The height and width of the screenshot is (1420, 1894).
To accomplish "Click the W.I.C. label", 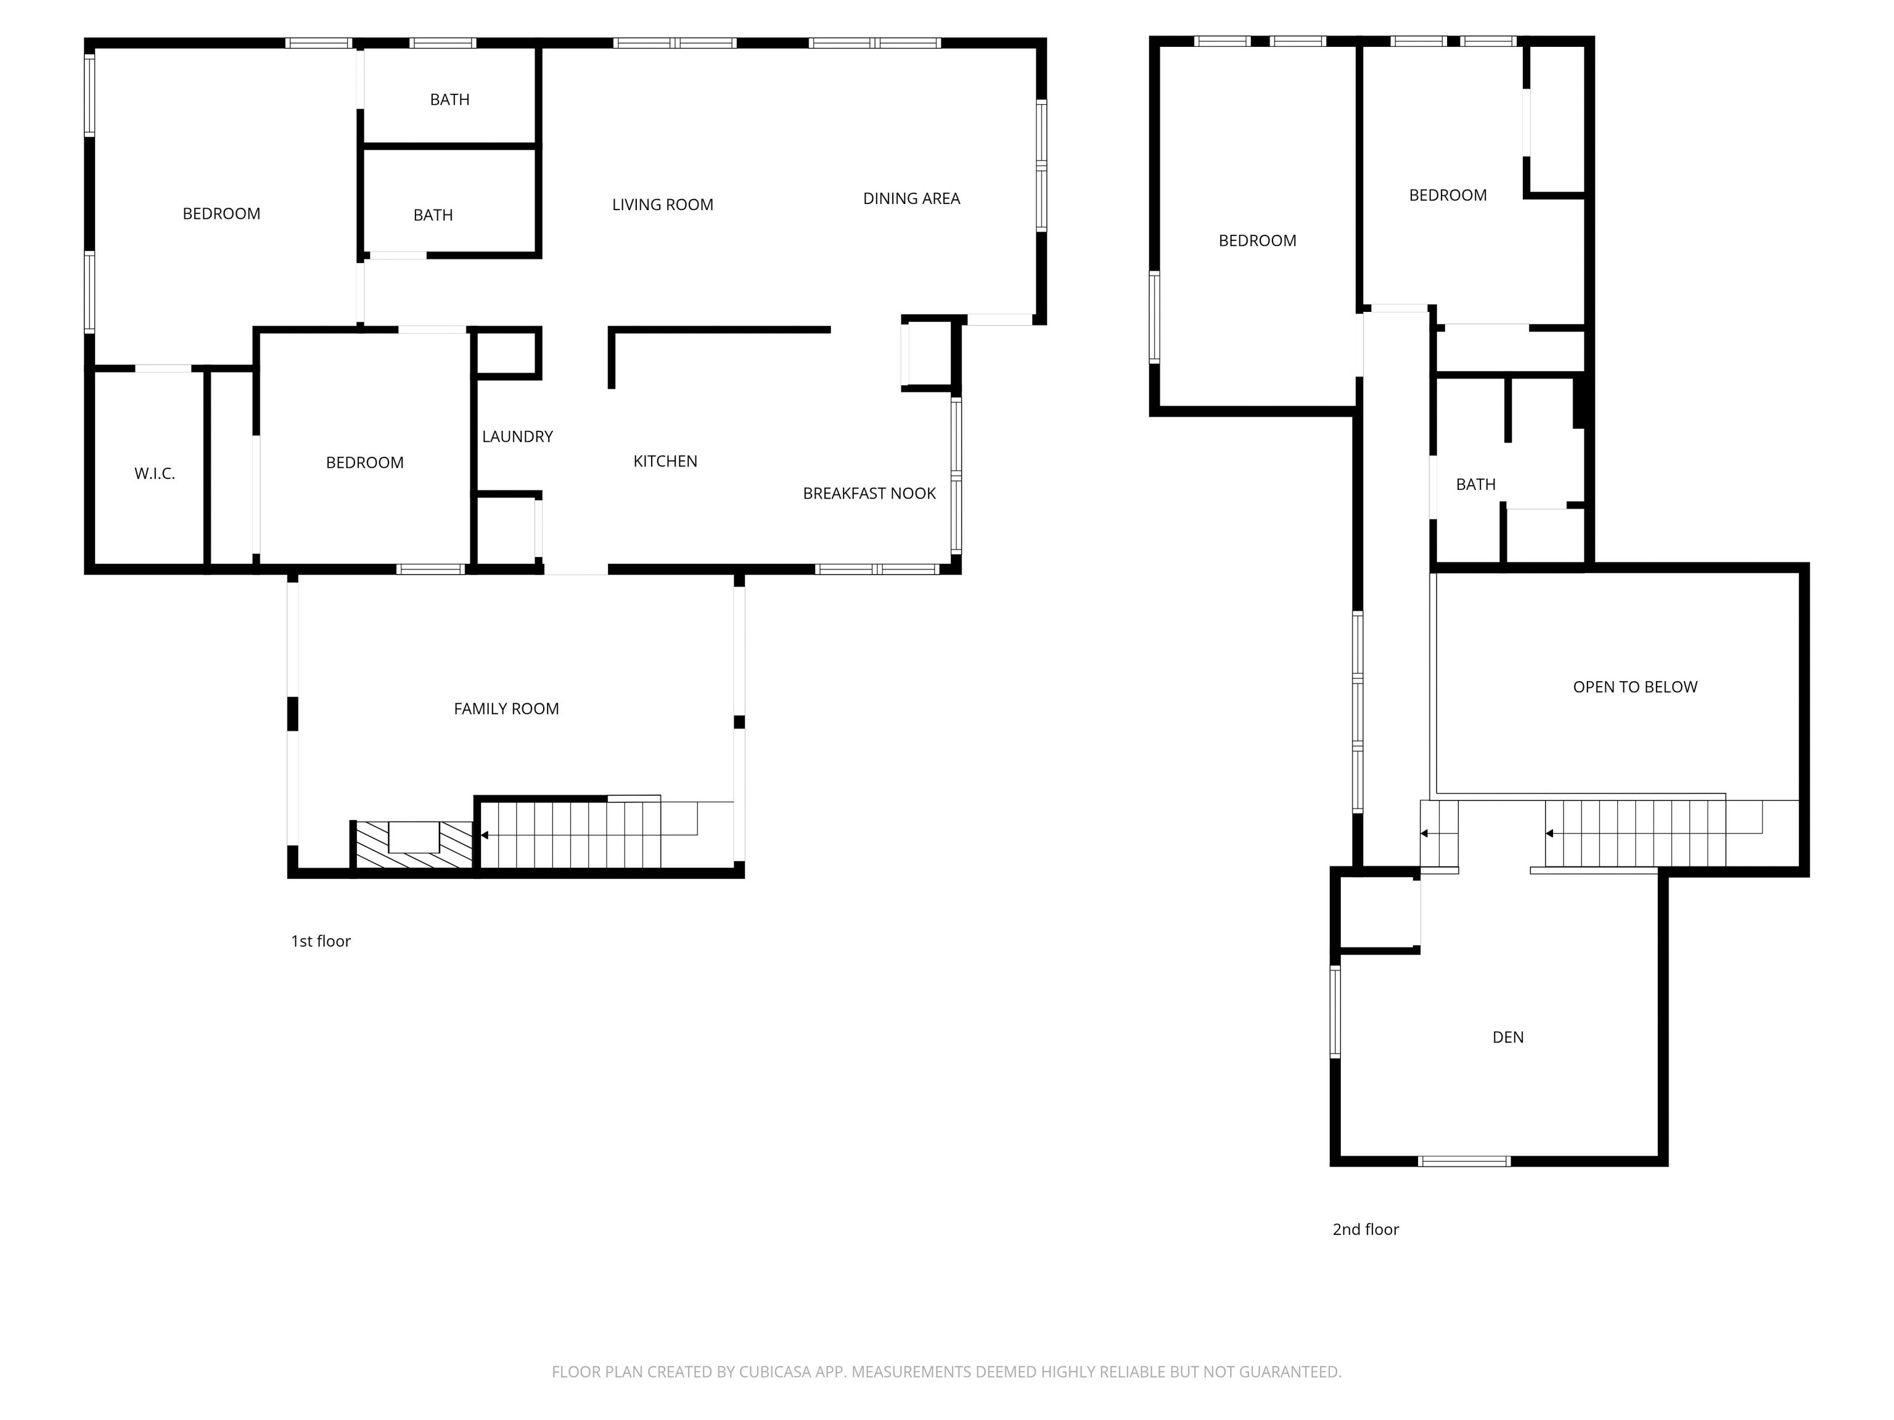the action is coord(154,473).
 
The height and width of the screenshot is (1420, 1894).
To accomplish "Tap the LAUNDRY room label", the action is coord(517,436).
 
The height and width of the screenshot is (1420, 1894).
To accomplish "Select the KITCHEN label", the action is coord(665,462).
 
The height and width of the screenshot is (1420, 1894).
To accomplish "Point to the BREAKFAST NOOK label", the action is coord(869,493).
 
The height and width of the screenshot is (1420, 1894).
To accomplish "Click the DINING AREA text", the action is coord(911,198).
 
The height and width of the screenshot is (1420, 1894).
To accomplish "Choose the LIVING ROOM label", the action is coord(663,205).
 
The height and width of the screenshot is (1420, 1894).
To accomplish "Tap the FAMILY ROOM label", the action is coord(506,709).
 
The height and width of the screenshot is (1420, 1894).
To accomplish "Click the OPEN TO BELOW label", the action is coord(1634,687).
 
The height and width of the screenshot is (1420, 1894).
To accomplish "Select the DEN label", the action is coord(1508,1037).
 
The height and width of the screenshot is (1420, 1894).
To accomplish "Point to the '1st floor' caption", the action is coord(321,941).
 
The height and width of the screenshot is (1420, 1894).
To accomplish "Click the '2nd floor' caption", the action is coord(1366,1229).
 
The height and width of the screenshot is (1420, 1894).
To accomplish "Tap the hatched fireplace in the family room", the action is coord(414,845).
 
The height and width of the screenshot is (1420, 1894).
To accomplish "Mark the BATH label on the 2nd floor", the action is coord(1475,484).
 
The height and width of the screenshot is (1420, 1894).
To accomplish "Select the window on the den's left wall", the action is coord(1335,1012).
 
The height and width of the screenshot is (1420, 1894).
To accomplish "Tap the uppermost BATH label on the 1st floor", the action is coord(449,100).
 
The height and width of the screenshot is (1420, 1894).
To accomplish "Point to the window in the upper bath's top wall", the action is coord(442,43).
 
